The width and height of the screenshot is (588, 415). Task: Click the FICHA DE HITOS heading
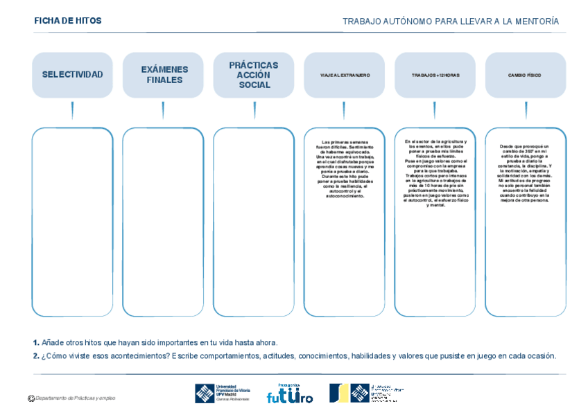68,21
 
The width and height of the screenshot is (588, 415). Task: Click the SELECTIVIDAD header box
72,75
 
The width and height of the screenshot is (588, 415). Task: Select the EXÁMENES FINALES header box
163,75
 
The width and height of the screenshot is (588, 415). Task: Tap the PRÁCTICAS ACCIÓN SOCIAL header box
254,75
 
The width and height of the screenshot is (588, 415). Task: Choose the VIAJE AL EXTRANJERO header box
344,75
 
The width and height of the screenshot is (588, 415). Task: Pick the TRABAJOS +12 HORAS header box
435,75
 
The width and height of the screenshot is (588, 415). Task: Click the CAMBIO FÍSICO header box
525,75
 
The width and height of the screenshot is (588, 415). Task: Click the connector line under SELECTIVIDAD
72,111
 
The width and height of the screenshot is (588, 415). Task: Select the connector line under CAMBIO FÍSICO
525,111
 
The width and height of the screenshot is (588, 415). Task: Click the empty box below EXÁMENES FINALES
163,222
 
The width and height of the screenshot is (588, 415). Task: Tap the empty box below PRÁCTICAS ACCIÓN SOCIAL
254,222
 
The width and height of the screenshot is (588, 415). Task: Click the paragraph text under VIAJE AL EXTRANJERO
344,169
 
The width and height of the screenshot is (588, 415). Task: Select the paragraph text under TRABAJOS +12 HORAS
435,173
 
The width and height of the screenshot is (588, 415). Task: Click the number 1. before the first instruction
36,342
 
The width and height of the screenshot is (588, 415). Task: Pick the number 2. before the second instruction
36,356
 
